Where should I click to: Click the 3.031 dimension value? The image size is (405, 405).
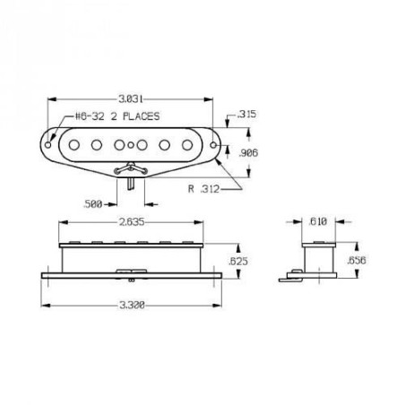[x=131, y=99]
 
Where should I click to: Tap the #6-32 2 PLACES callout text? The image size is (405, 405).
[x=117, y=116]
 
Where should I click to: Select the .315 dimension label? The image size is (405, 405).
[x=246, y=114]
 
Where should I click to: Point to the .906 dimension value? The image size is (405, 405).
[x=248, y=153]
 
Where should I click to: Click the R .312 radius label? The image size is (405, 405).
[x=203, y=189]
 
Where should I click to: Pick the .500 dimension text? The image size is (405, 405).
[x=93, y=204]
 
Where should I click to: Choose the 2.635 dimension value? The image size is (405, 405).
[x=132, y=222]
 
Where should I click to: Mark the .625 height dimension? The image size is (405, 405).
[x=238, y=261]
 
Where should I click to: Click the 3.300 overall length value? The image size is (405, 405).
[x=132, y=306]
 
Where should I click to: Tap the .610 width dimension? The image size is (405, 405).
[x=318, y=221]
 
